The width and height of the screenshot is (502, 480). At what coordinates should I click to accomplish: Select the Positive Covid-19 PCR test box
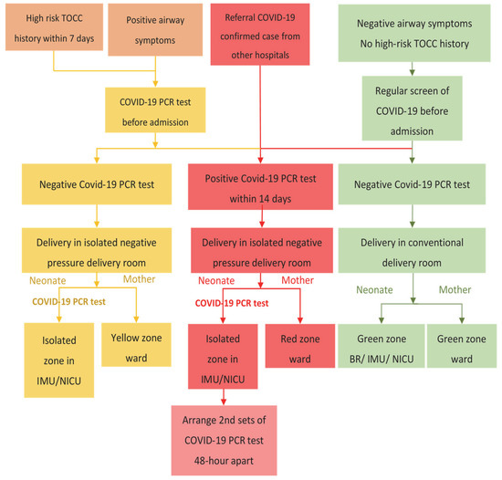(x=262, y=185)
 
